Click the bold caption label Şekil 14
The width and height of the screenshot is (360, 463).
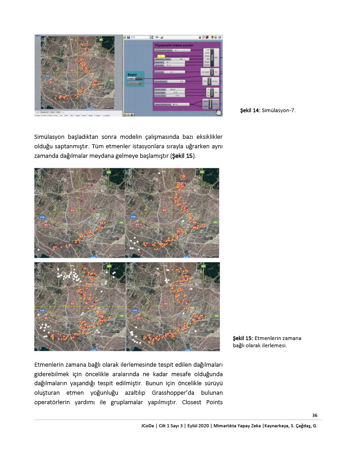pyautogui.click(x=249, y=110)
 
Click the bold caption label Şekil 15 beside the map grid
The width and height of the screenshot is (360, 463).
pyautogui.click(x=242, y=338)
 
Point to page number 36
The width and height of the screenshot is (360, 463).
pyautogui.click(x=315, y=416)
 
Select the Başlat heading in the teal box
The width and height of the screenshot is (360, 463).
pyautogui.click(x=132, y=73)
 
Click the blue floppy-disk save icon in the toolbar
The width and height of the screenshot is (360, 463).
pyautogui.click(x=128, y=37)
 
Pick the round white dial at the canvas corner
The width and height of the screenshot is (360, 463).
pyautogui.click(x=219, y=113)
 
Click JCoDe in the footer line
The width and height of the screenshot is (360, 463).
pyautogui.click(x=148, y=426)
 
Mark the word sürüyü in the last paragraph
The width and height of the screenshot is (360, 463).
pyautogui.click(x=212, y=383)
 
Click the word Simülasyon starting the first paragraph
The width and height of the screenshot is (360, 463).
pyautogui.click(x=53, y=137)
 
